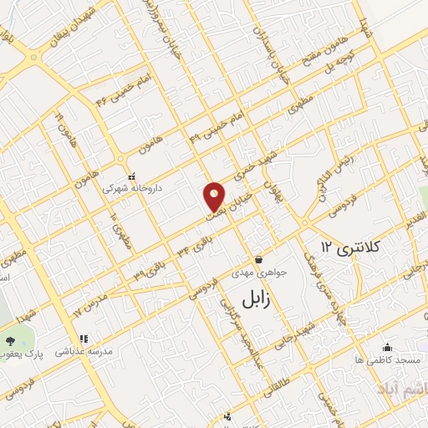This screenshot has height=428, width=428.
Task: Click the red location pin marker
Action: [x=215, y=197]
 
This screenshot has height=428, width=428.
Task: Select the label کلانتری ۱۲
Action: [x=351, y=247]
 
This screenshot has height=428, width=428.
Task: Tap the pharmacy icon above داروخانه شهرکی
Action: [x=132, y=176]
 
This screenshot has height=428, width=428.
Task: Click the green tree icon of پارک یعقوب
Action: [x=9, y=342]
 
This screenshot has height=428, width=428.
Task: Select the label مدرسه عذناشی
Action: [x=83, y=352]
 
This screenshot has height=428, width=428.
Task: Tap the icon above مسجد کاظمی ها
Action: [x=387, y=347]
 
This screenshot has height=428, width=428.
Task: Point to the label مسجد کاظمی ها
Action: [x=395, y=359]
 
